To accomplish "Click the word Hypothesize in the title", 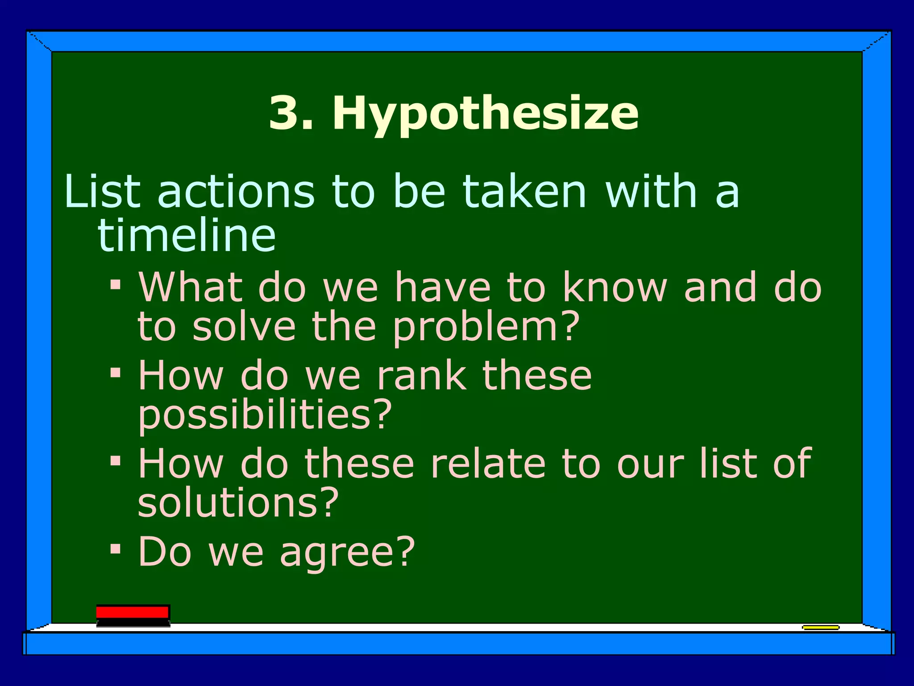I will point(485,113).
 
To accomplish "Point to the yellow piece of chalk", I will point(820,627).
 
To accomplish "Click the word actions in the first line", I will point(236,192).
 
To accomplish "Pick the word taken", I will point(524,192).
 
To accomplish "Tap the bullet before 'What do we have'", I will point(116,284).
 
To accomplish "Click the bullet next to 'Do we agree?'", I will point(116,549).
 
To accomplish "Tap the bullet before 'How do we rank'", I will point(116,372).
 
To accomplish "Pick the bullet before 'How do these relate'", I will point(116,460).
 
